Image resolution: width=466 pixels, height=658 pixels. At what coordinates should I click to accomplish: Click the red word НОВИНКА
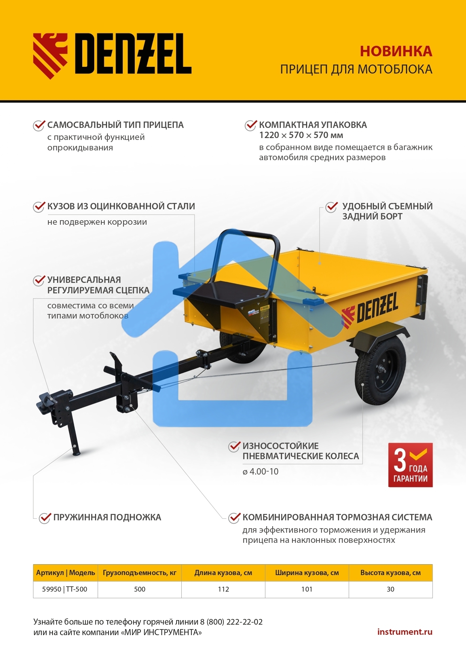pos(396,51)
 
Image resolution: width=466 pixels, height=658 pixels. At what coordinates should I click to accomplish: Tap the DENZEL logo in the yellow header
pos(112,54)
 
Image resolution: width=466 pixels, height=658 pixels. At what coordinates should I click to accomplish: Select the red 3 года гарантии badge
pos(410,465)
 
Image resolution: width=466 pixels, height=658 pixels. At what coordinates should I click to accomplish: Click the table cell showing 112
pos(223,589)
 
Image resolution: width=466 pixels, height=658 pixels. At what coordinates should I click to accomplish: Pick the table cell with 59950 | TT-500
pos(65,589)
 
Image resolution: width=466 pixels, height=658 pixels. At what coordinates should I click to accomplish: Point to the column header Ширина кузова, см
pos(307,573)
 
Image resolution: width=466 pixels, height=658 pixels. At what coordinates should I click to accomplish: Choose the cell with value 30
pos(391,589)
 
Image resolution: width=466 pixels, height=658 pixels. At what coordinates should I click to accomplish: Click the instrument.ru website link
pos(404,632)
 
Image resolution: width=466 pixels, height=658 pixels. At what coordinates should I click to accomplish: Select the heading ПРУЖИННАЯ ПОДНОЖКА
pos(107,517)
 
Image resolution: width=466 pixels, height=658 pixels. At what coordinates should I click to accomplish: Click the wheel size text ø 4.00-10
pos(261,472)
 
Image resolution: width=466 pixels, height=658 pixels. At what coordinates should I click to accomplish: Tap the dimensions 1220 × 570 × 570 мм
pos(301,135)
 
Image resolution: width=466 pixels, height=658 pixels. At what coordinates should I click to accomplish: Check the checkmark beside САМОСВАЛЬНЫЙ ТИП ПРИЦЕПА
pos(39,125)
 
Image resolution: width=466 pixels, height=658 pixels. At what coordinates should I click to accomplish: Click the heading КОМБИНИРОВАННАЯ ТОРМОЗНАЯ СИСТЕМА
pos(337,517)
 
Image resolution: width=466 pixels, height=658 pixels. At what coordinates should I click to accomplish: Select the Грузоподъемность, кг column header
pos(139,573)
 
